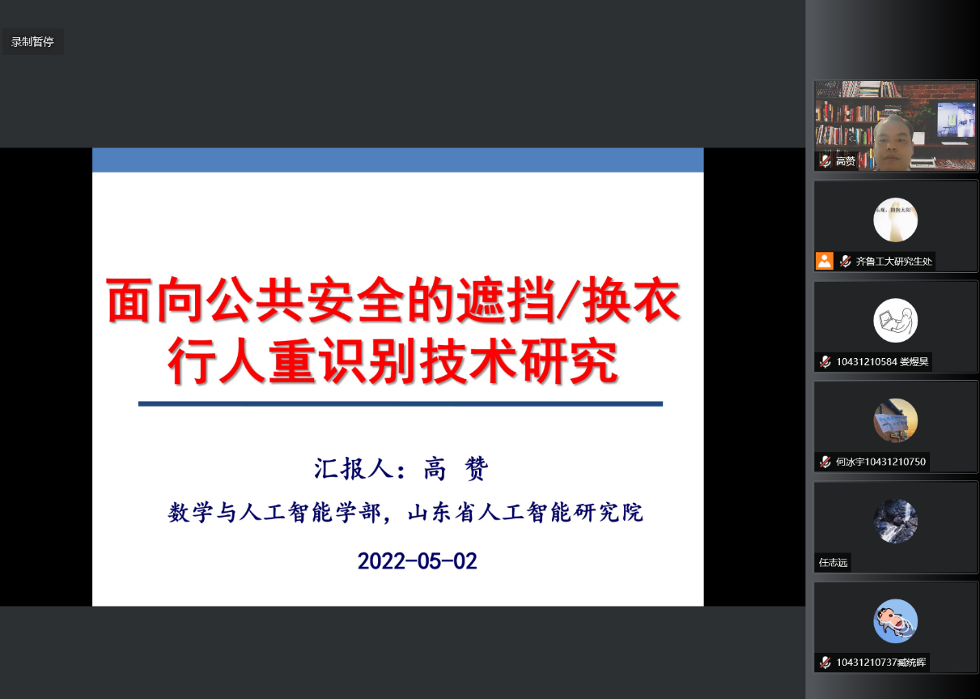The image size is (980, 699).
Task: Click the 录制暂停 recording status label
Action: [x=32, y=41]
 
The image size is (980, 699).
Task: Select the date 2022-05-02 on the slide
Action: [x=417, y=561]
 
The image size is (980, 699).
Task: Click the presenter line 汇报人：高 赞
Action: [x=401, y=468]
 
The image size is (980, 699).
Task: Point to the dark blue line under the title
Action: [x=401, y=404]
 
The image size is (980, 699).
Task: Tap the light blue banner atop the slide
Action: [x=397, y=160]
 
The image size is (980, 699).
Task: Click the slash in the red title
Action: [x=567, y=300]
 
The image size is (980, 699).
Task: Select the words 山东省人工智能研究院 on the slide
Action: [x=525, y=513]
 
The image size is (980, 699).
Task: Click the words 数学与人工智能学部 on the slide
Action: [x=274, y=513]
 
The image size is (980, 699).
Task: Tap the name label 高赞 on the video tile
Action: [x=845, y=161]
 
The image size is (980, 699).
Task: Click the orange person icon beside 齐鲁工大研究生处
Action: [x=825, y=261]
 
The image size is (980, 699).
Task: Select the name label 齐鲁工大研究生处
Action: [x=893, y=262]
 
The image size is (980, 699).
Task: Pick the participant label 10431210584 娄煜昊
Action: [x=882, y=362]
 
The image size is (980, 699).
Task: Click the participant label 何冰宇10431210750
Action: [x=880, y=462]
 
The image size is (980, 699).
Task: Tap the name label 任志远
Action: [x=833, y=562]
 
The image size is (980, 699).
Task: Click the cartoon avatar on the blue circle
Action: [x=895, y=620]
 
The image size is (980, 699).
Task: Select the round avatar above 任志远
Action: [x=895, y=521]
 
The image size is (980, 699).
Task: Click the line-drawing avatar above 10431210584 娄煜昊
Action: [x=895, y=320]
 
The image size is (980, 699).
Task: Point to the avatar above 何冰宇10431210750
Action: [x=895, y=420]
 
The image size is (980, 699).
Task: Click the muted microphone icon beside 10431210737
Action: [x=825, y=662]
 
